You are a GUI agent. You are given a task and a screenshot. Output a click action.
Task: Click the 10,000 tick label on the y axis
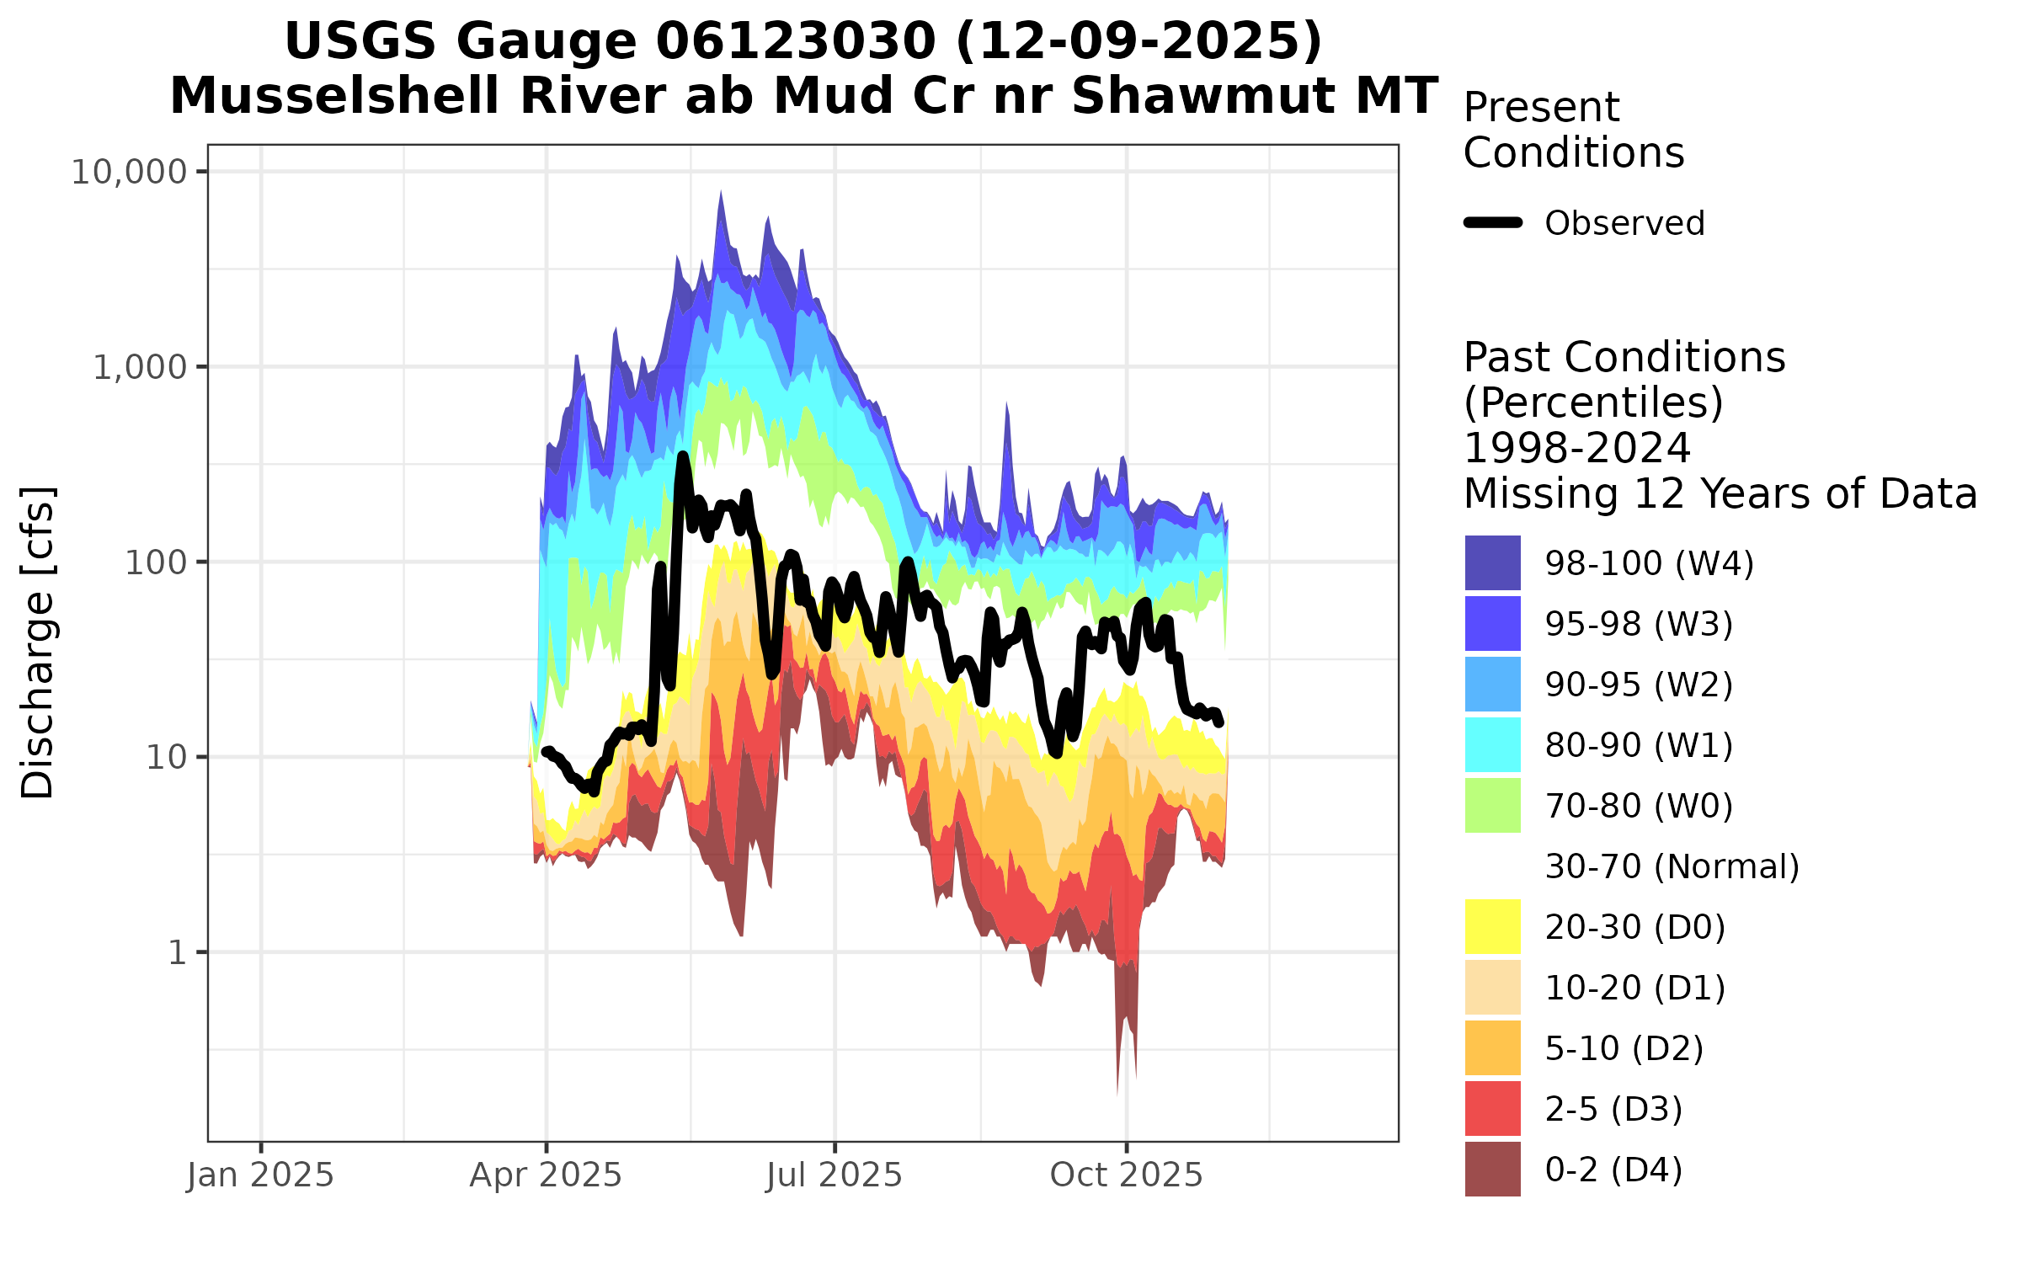pyautogui.click(x=128, y=173)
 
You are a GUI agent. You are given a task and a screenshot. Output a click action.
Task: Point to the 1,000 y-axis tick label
pyautogui.click(x=139, y=368)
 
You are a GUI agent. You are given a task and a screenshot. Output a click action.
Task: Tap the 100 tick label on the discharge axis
pyautogui.click(x=156, y=562)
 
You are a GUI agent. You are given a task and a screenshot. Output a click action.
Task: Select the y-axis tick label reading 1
pyautogui.click(x=177, y=953)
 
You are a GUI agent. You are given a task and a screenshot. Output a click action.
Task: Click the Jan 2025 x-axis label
pyautogui.click(x=260, y=1175)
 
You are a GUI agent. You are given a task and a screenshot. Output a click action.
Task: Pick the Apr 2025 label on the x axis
pyautogui.click(x=546, y=1175)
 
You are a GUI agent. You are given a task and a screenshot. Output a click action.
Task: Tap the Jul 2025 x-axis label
pyautogui.click(x=834, y=1175)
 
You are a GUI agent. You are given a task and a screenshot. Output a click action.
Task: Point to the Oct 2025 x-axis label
pyautogui.click(x=1126, y=1175)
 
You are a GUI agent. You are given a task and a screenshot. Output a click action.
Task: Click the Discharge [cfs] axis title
pyautogui.click(x=38, y=642)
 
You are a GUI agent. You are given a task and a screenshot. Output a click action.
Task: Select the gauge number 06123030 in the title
pyautogui.click(x=795, y=41)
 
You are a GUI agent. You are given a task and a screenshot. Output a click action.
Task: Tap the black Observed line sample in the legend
pyautogui.click(x=1492, y=223)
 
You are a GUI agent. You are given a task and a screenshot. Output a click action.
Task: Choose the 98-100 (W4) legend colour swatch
pyautogui.click(x=1492, y=563)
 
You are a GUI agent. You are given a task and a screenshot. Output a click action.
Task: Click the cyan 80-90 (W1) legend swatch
pyautogui.click(x=1492, y=745)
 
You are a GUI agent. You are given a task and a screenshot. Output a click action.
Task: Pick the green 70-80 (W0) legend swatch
pyautogui.click(x=1492, y=806)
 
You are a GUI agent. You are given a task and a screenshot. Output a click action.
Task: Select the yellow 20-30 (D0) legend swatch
pyautogui.click(x=1492, y=927)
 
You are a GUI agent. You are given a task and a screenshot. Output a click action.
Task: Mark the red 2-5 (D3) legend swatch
pyautogui.click(x=1492, y=1109)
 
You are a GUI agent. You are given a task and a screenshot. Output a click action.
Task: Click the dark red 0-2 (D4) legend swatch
pyautogui.click(x=1492, y=1170)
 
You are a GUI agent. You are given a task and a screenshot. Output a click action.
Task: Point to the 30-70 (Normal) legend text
pyautogui.click(x=1672, y=866)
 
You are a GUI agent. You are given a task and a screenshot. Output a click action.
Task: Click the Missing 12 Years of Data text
pyautogui.click(x=1720, y=494)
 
